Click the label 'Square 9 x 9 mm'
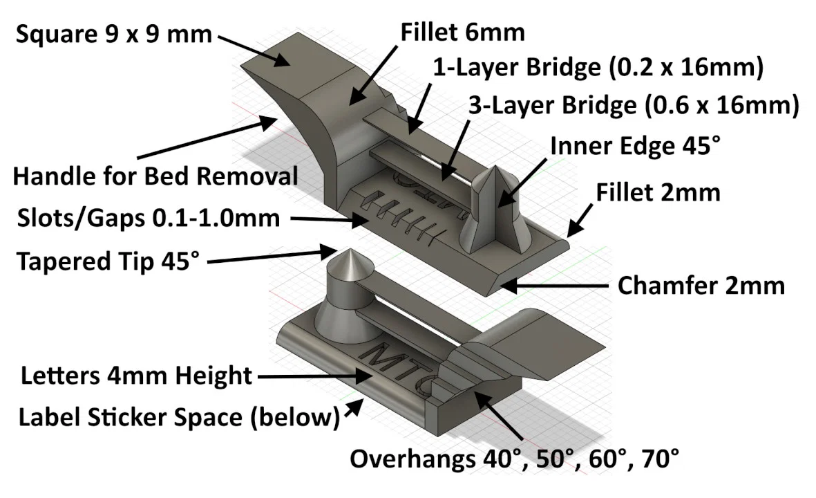114,34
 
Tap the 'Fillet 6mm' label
462,32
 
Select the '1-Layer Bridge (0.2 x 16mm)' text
598,68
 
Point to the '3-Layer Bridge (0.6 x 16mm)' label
633,106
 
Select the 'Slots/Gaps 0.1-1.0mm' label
148,219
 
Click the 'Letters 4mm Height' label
135,376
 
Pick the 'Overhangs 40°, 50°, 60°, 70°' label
515,458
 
